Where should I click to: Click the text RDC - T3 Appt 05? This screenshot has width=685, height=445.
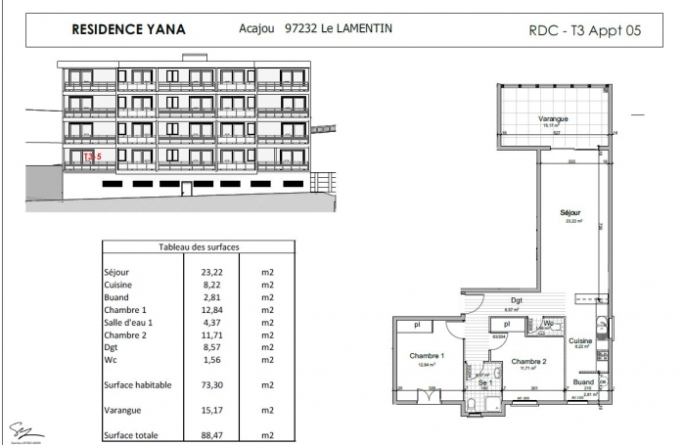point(583,30)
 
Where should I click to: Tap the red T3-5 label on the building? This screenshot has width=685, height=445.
point(91,156)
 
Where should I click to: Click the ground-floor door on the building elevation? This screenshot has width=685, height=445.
point(314,181)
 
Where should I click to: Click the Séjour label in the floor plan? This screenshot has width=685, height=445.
point(571,212)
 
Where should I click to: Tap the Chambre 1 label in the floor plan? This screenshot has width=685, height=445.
point(427,355)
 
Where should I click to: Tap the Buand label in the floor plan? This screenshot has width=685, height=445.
point(583,383)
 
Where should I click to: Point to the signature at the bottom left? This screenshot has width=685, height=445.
point(19,428)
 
